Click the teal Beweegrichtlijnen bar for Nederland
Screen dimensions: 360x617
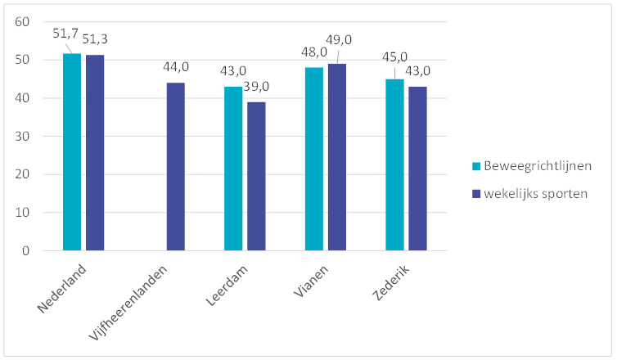(72, 152)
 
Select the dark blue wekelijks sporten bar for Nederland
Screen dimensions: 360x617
(95, 153)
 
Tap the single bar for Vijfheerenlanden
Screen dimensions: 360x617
(175, 167)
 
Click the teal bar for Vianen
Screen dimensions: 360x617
(313, 159)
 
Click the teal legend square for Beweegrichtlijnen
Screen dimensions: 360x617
(476, 167)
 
